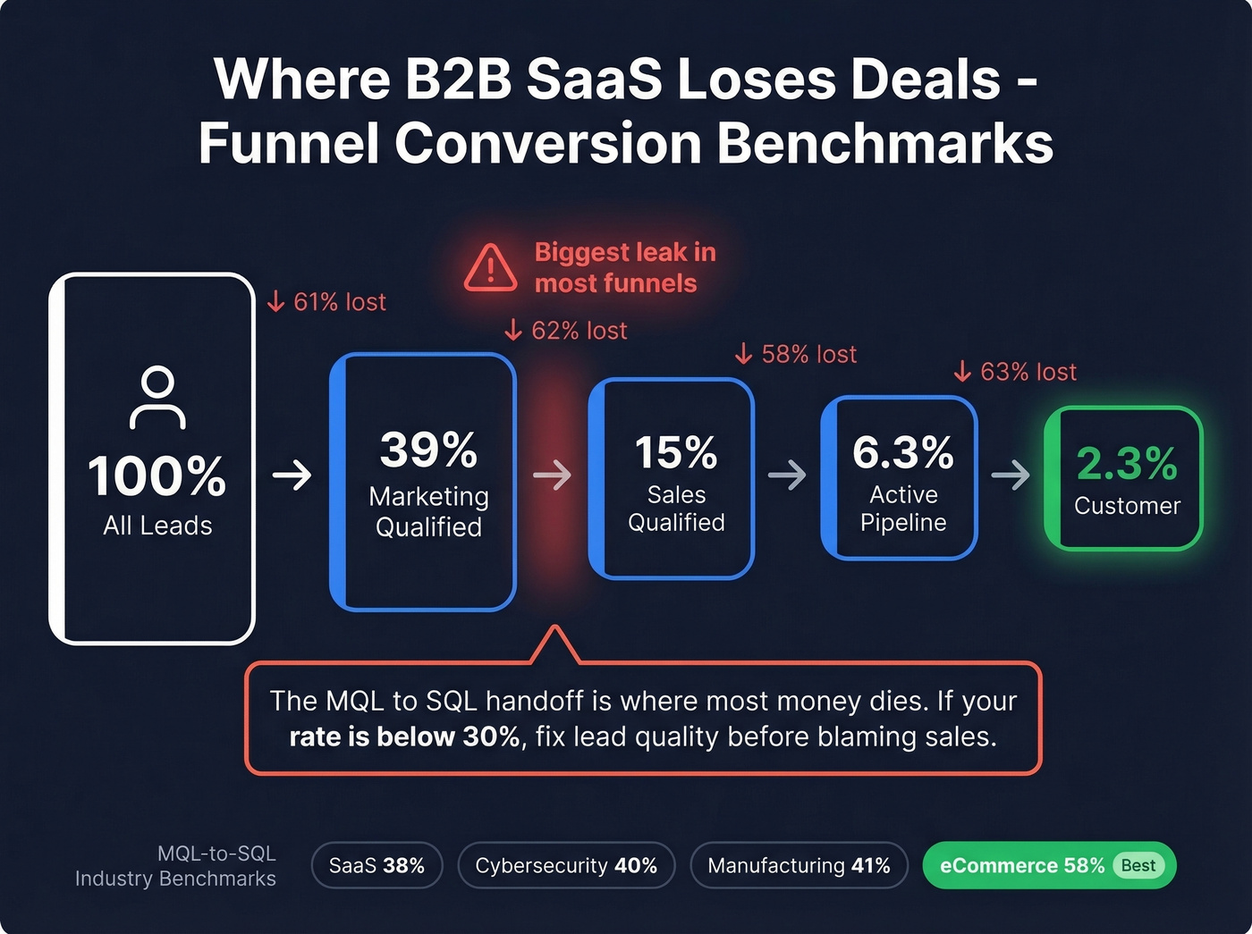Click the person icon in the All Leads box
point(157,397)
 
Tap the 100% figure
point(157,475)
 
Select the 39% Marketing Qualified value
point(428,449)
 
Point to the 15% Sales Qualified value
point(676,452)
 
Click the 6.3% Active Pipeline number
point(902,452)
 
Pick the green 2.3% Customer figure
point(1126,463)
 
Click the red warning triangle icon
point(490,267)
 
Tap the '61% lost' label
point(327,302)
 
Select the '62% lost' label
point(566,331)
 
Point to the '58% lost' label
point(796,355)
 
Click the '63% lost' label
point(1015,372)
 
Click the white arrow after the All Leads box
point(292,475)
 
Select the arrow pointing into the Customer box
point(1011,475)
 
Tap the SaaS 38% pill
point(376,865)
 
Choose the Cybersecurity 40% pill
point(566,865)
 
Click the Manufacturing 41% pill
point(799,865)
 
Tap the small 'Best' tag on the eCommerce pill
point(1138,865)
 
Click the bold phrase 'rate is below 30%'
point(404,737)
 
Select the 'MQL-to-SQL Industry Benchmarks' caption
point(176,866)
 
